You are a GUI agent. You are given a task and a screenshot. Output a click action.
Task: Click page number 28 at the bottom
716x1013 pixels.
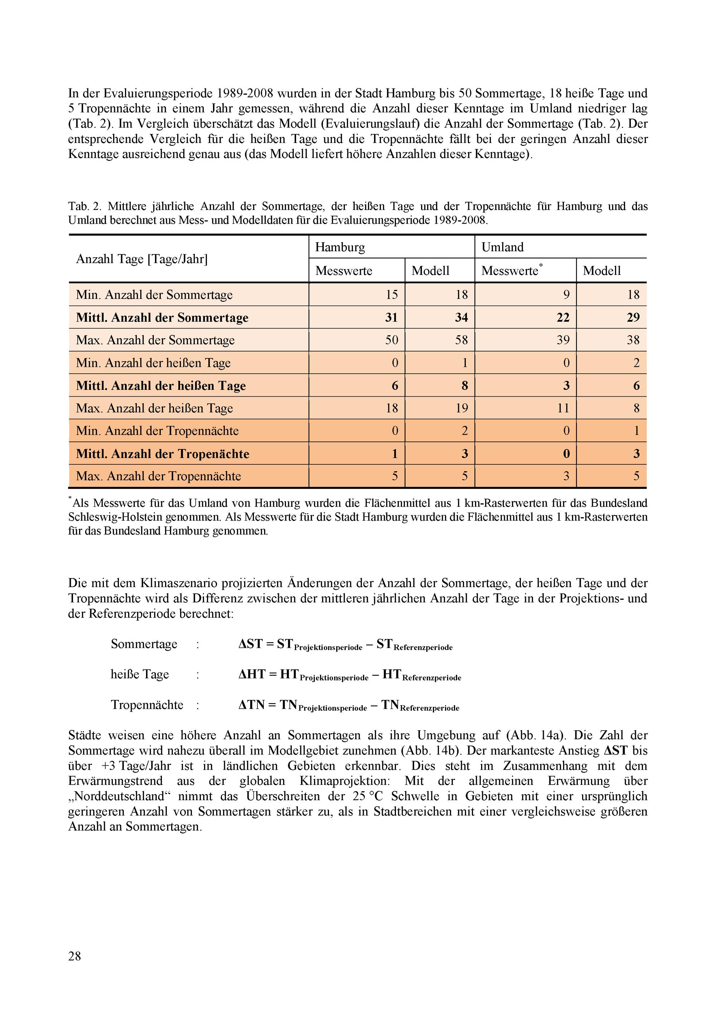[x=74, y=956]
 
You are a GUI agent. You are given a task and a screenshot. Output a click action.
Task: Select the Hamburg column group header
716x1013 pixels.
[x=340, y=247]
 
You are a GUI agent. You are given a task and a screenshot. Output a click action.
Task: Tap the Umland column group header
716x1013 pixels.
[x=502, y=247]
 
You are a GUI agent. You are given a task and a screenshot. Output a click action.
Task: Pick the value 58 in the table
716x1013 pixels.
[x=461, y=340]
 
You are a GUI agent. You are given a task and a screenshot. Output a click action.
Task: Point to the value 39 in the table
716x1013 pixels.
[x=563, y=340]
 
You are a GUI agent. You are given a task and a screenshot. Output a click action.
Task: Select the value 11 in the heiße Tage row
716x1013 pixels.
[x=563, y=408]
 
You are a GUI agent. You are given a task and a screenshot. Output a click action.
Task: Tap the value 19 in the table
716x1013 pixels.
[x=461, y=408]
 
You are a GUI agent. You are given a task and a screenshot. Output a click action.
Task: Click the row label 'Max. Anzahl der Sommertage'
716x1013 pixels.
[x=155, y=340]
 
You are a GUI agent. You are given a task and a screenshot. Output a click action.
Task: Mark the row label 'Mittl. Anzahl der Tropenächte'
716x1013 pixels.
[x=163, y=454]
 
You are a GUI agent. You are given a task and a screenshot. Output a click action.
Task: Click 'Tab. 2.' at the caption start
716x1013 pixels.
[x=84, y=206]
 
